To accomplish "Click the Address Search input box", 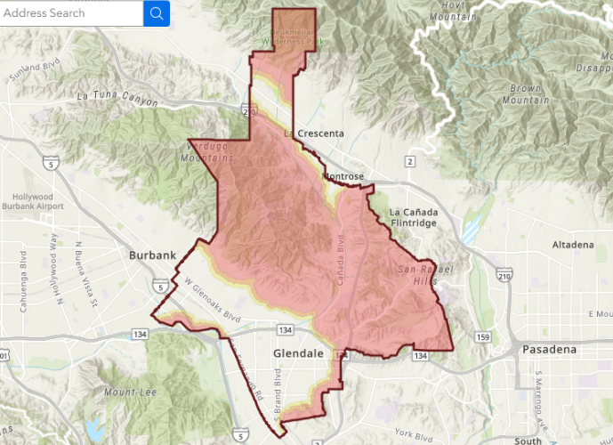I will (71, 13).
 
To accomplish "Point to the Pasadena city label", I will (549, 349).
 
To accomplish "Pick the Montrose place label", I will (343, 177).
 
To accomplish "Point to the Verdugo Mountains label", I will (212, 151).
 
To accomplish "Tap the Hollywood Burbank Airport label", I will (45, 202).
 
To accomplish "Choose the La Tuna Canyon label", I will (117, 96).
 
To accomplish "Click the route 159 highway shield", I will (483, 337).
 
